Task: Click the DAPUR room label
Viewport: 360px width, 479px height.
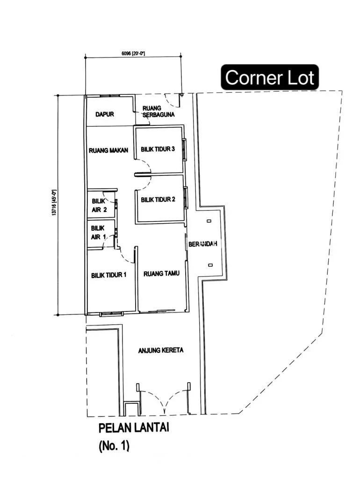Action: point(105,114)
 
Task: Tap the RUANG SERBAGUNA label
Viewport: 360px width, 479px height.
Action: point(158,111)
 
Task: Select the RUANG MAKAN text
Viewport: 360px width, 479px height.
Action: point(108,150)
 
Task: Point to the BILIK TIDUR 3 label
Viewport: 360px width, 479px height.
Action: point(158,149)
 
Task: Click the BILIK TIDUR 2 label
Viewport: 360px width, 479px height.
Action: point(158,199)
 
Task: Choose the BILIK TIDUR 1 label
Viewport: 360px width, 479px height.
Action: point(109,275)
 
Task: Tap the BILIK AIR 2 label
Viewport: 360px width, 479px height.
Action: point(99,206)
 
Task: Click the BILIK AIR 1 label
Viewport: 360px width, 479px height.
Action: point(98,232)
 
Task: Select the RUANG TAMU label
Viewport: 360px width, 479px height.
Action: point(161,273)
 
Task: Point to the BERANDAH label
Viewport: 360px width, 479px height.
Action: point(203,244)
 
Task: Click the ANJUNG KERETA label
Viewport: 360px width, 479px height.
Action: point(161,350)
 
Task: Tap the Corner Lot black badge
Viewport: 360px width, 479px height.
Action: point(270,77)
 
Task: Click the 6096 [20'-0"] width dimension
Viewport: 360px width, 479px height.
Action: point(133,53)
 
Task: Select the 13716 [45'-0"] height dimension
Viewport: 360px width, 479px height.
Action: point(54,203)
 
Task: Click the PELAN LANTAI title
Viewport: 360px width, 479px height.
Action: point(134,428)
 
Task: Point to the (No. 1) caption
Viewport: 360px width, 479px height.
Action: point(114,446)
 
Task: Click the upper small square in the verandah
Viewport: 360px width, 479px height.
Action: point(209,221)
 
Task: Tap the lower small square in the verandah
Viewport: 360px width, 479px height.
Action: point(210,265)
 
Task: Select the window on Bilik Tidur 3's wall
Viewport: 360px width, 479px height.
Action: point(184,149)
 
